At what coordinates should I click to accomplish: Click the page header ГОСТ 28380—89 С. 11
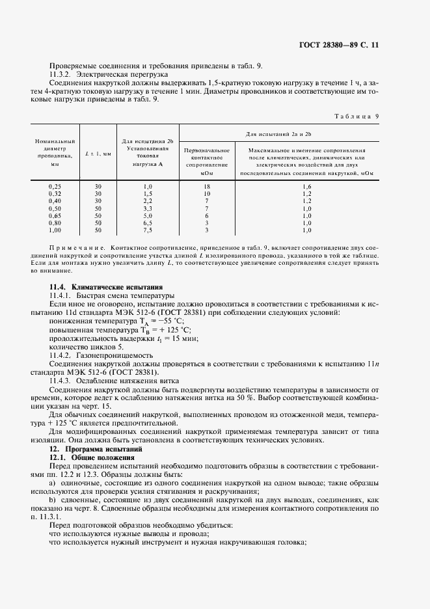pyautogui.click(x=348, y=46)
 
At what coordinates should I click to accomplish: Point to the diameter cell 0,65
pyautogui.click(x=55, y=215)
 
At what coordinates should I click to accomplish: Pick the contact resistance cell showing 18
pyautogui.click(x=206, y=187)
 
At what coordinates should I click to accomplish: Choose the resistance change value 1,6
pyautogui.click(x=307, y=187)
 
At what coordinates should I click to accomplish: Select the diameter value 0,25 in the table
pyautogui.click(x=55, y=187)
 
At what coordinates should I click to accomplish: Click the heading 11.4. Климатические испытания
pyautogui.click(x=107, y=287)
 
